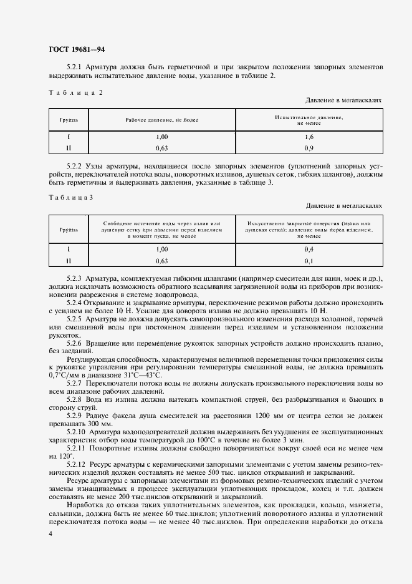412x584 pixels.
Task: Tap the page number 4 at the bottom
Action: pyautogui.click(x=50, y=534)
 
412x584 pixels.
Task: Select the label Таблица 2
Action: pyautogui.click(x=75, y=92)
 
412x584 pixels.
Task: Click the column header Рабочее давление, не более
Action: pyautogui.click(x=161, y=119)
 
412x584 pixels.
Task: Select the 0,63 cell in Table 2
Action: pyautogui.click(x=161, y=148)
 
